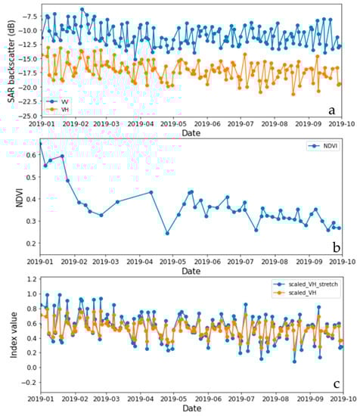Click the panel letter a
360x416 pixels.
click(331, 110)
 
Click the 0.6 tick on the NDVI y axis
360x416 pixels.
click(30, 155)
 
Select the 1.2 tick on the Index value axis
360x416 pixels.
click(30, 278)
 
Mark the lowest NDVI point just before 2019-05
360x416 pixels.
click(167, 233)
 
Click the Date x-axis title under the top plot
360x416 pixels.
click(191, 133)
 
